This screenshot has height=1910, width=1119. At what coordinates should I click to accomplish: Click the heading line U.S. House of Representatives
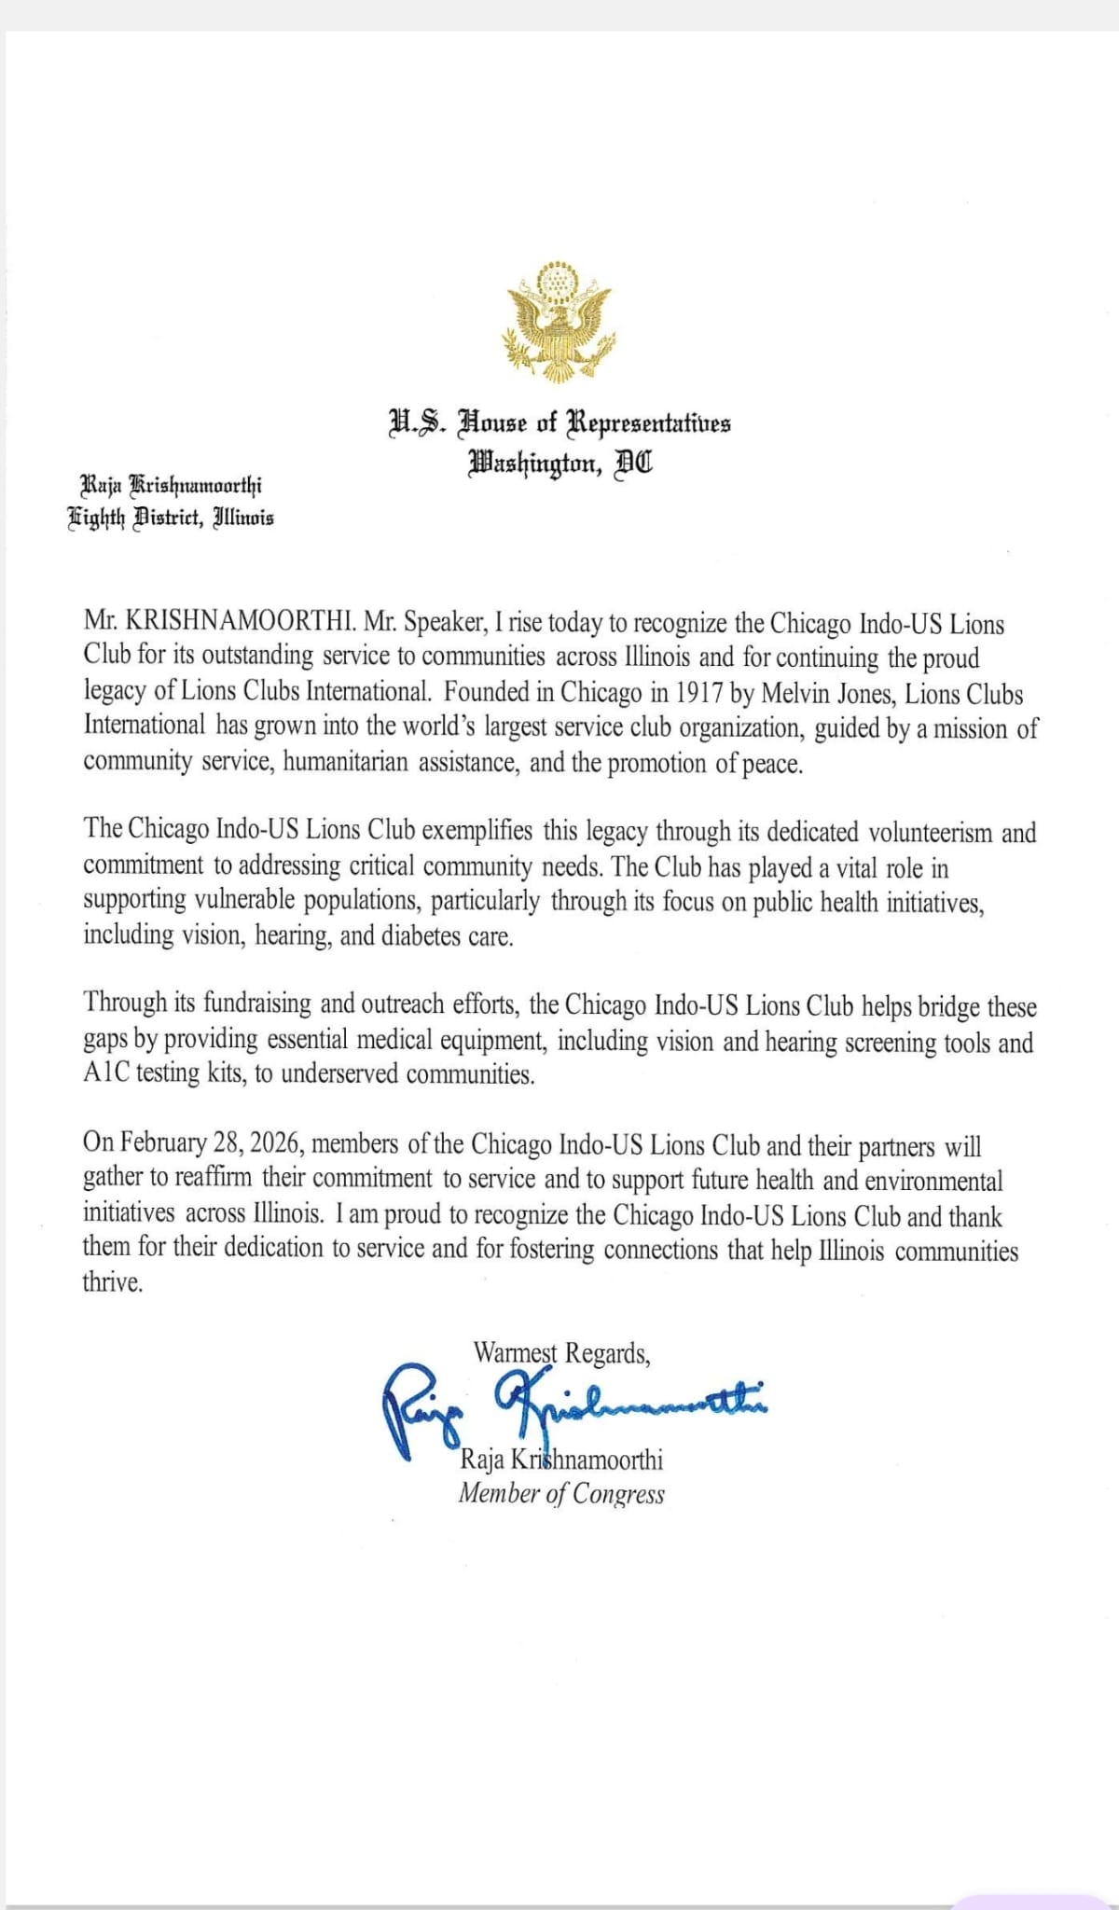click(559, 423)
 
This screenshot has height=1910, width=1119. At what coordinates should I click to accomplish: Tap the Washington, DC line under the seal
click(559, 461)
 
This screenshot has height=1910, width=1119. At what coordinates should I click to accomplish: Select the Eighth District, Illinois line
click(171, 518)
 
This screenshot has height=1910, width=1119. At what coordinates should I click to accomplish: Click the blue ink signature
click(573, 1405)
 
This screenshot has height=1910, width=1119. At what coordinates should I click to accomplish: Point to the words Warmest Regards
click(561, 1353)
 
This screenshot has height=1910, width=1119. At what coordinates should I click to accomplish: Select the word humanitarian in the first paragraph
click(346, 763)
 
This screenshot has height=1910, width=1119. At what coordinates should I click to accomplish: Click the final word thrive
click(113, 1283)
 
